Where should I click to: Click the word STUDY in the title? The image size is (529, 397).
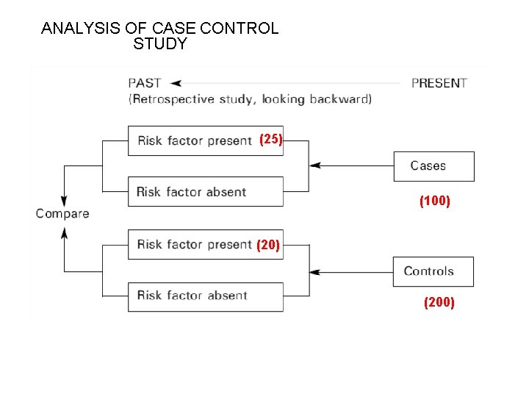click(160, 44)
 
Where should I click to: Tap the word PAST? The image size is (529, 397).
click(145, 83)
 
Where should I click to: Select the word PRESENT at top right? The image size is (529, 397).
click(439, 83)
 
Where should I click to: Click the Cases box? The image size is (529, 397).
click(433, 166)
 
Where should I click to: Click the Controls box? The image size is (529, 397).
click(433, 271)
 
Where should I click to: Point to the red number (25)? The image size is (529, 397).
click(271, 139)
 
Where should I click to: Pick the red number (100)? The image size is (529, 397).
click(434, 200)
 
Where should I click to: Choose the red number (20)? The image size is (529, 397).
click(268, 246)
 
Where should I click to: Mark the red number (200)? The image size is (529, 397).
click(439, 302)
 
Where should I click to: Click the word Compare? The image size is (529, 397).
click(62, 214)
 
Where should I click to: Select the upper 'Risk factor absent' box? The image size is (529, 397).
click(205, 192)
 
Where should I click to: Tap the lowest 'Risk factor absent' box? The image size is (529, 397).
click(205, 296)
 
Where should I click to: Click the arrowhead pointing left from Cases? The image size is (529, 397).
click(314, 166)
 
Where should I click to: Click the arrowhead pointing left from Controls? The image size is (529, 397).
click(314, 271)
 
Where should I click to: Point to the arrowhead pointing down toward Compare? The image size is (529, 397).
click(64, 200)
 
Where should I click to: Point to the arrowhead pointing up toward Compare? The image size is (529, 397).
click(64, 232)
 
